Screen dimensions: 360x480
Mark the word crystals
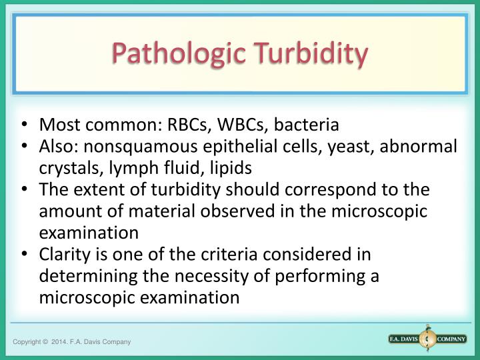69,167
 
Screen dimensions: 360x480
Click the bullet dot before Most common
25,125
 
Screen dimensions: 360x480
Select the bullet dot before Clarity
25,255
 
